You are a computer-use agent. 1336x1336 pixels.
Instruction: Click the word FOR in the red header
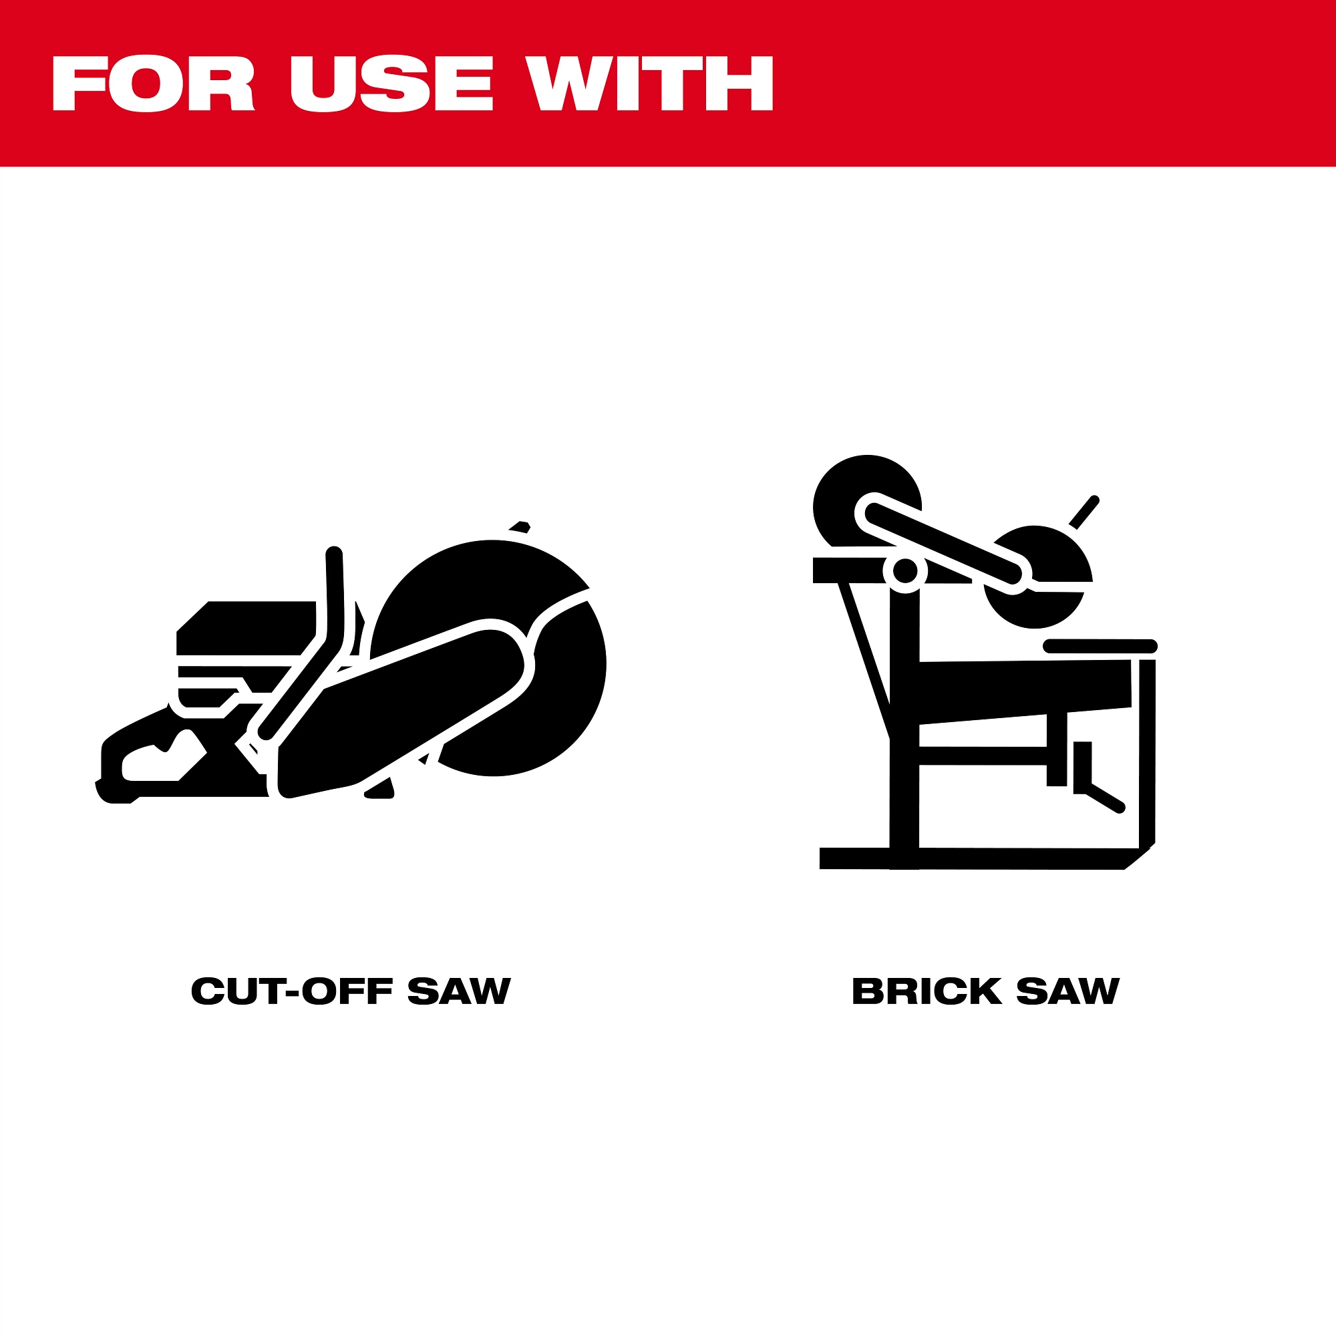[154, 83]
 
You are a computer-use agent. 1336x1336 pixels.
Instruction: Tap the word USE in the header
[391, 83]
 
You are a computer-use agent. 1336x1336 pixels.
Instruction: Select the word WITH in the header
[649, 83]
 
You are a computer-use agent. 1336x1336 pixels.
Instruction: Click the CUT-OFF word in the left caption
[291, 991]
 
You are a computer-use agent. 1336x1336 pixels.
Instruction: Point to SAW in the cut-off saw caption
[459, 991]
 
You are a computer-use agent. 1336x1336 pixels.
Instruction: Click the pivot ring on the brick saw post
[905, 571]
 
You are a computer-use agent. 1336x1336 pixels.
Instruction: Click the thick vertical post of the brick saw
[904, 726]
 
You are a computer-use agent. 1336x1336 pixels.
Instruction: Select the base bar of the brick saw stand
[982, 858]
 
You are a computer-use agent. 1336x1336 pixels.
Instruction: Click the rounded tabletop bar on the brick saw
[1100, 646]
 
